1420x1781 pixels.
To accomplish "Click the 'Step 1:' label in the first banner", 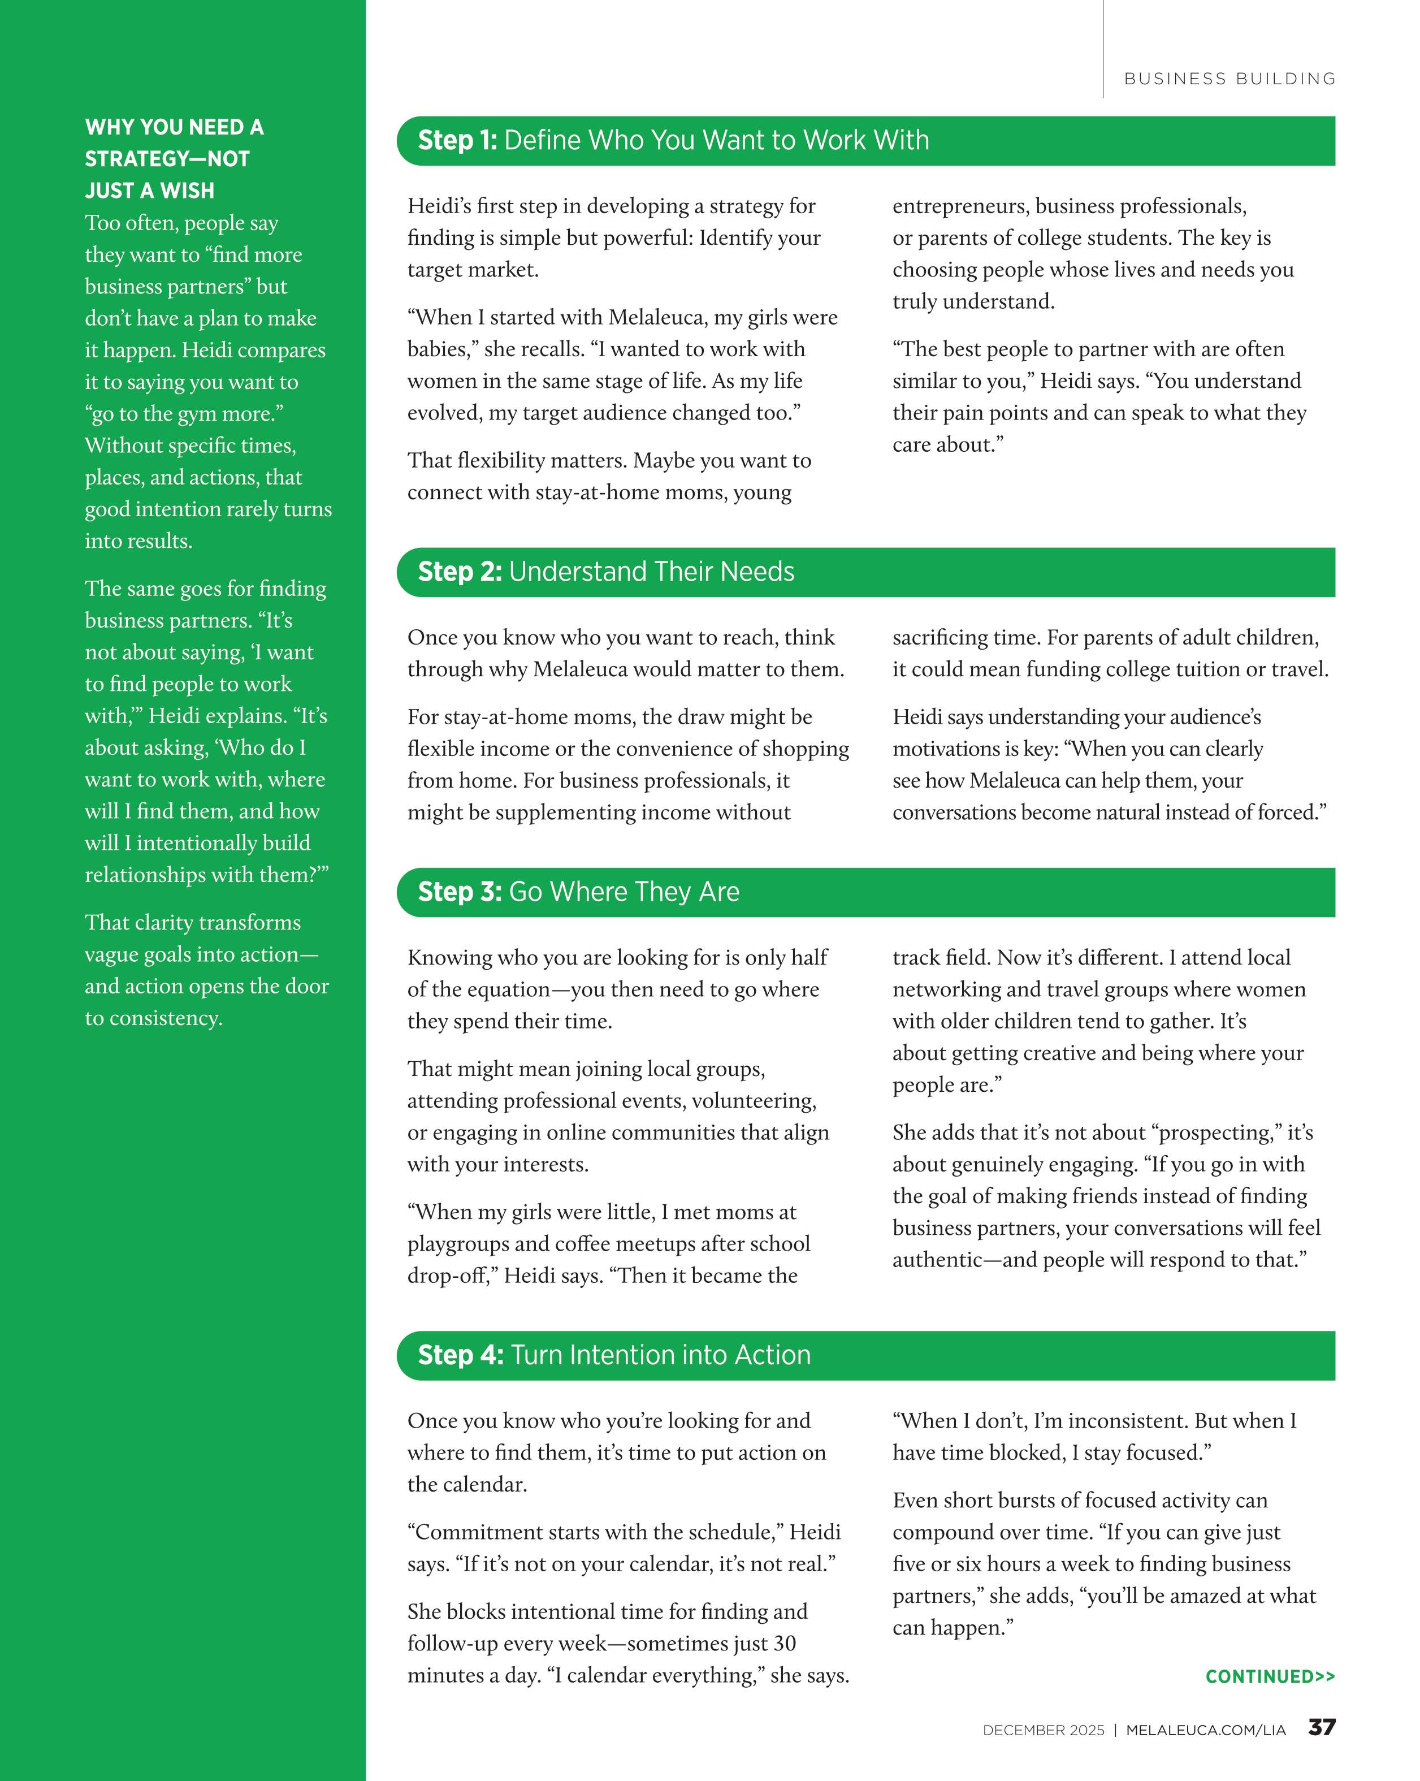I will click(457, 140).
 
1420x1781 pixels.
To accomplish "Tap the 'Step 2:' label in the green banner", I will click(459, 572).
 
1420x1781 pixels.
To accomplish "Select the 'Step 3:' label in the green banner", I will click(459, 892).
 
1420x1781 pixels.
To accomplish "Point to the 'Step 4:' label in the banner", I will click(460, 1355).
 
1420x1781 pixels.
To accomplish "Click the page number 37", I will click(1322, 1727).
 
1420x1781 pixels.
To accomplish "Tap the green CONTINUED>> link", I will click(1270, 1676).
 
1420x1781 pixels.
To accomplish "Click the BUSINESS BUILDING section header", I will click(1229, 79).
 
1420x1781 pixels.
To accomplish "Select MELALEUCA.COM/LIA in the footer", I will click(1205, 1730).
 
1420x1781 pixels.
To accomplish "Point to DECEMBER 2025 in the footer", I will click(1042, 1730).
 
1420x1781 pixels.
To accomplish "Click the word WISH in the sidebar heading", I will click(188, 191).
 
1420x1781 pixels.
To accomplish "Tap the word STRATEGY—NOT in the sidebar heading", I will click(167, 159).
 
